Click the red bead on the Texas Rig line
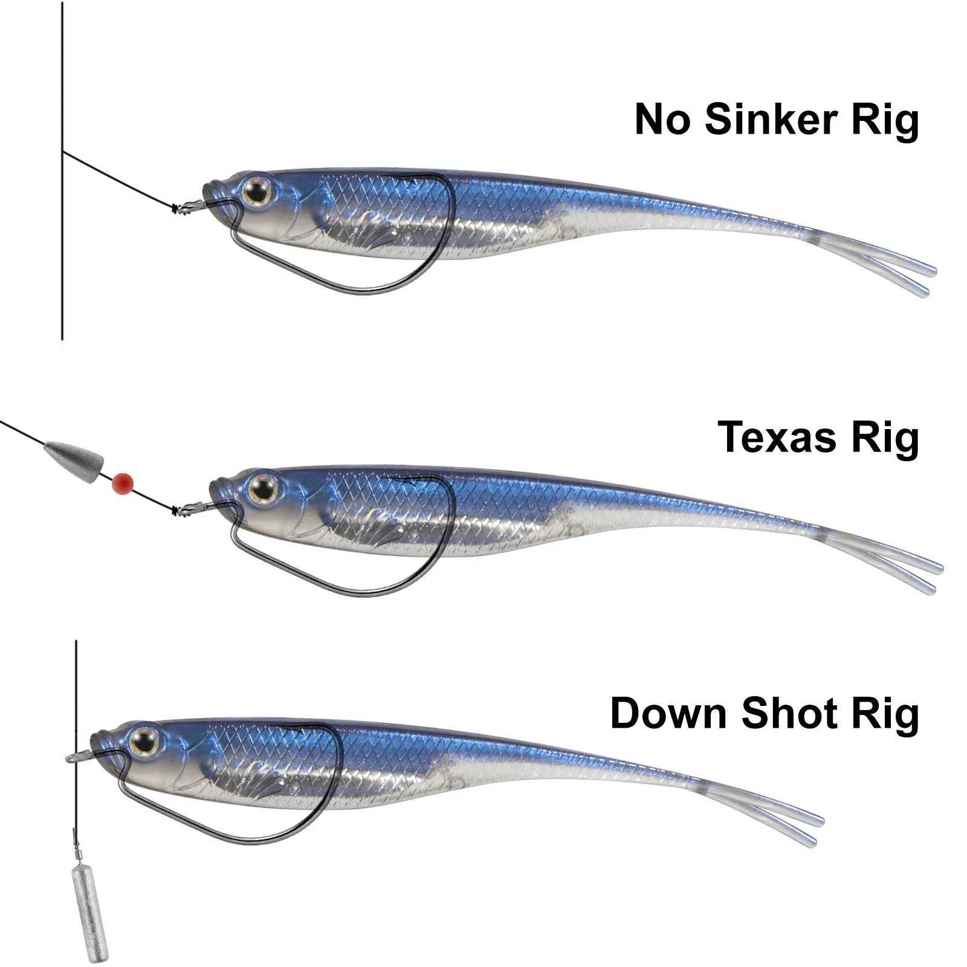coord(123,482)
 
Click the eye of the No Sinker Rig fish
coord(257,192)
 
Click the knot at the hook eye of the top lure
coord(178,209)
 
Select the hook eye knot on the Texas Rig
coord(178,511)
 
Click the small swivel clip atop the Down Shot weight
coord(78,852)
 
